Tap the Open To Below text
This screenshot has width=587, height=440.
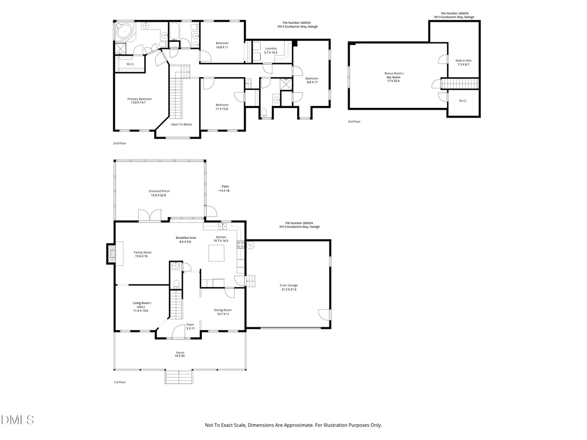point(182,124)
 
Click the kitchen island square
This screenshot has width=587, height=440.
point(217,253)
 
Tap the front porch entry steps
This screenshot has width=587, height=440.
point(179,376)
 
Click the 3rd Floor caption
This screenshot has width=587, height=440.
point(354,122)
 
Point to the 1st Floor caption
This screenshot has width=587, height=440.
point(120,382)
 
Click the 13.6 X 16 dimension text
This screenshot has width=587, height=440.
point(141,256)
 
